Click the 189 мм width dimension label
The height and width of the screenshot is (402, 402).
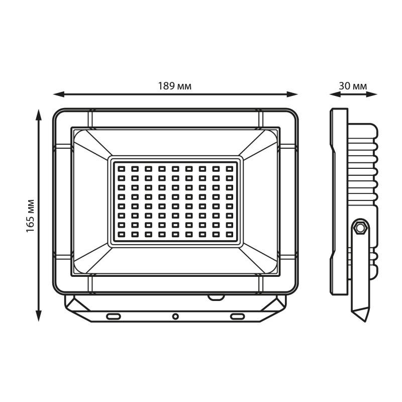174,86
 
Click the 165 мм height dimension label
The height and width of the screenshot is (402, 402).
30,216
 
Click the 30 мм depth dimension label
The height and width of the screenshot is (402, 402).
353,86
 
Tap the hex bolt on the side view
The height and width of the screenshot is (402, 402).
360,227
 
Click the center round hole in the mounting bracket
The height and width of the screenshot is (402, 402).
175,317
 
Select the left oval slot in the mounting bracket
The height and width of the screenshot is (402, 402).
114,317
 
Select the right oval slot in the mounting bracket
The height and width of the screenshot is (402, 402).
237,317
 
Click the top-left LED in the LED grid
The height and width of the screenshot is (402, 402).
121,169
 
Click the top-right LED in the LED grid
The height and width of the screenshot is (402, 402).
230,169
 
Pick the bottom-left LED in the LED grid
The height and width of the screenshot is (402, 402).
121,234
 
